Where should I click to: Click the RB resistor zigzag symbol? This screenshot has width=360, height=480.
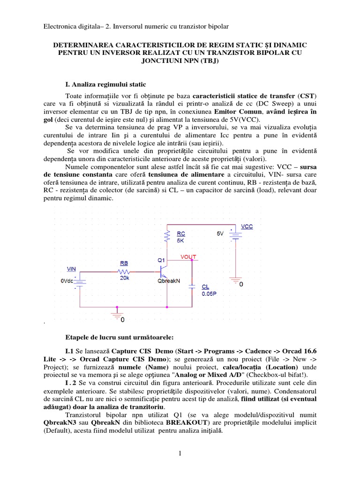(124, 271)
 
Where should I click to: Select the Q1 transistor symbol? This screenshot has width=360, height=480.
(162, 271)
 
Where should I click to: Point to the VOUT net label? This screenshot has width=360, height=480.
(189, 256)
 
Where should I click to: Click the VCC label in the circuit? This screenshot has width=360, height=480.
(247, 226)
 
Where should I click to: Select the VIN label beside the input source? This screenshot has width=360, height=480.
(71, 269)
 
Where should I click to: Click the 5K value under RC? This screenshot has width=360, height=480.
(180, 240)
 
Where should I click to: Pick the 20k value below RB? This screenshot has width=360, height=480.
(124, 278)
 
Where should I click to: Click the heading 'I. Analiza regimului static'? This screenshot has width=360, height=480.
(105, 84)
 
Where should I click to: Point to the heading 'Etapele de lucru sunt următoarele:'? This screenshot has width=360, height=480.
(120, 337)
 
